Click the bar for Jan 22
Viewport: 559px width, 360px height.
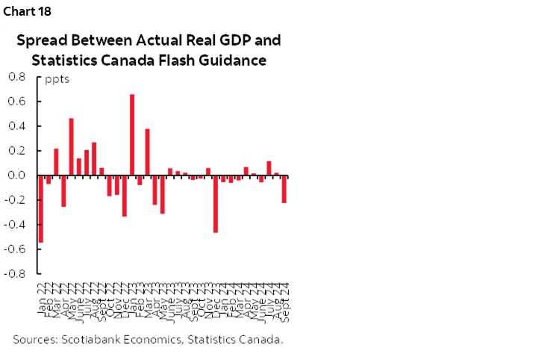tap(40, 208)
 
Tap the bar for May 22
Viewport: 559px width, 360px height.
tap(71, 146)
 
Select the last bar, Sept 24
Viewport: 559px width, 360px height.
tap(284, 188)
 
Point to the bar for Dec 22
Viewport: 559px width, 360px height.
tap(124, 195)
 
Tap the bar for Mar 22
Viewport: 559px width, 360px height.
tap(56, 161)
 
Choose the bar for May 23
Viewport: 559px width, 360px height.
tap(162, 194)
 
